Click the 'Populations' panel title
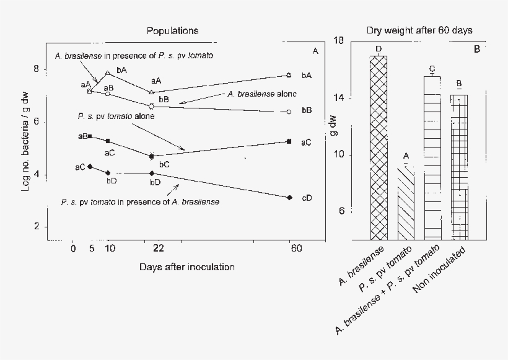173,30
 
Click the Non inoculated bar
459,167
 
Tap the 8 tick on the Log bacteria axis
37,69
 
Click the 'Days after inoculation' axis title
187,266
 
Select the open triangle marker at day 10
108,73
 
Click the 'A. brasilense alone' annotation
261,94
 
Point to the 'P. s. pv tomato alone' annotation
116,116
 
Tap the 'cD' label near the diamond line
306,198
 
